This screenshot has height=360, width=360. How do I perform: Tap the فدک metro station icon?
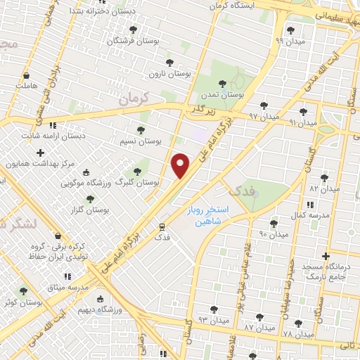[162, 227]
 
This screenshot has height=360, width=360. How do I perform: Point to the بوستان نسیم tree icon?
[141, 129]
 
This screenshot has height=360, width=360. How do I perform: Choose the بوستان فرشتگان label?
[133, 40]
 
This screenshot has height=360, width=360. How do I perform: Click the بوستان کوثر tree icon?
[23, 290]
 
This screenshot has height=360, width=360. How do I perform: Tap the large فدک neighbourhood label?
[237, 189]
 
